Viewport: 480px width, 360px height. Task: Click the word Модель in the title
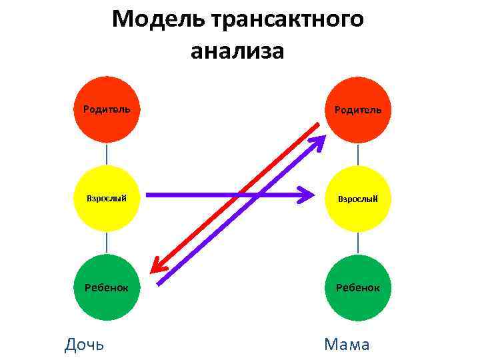click(158, 20)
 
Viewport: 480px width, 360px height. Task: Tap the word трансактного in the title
click(287, 20)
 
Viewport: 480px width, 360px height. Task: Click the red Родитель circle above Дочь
click(107, 109)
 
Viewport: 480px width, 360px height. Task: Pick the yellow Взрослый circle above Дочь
click(107, 198)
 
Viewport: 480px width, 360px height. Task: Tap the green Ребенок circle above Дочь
click(107, 287)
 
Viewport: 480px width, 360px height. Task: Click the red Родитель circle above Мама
click(359, 109)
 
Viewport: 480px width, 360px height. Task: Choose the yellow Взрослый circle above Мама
click(359, 198)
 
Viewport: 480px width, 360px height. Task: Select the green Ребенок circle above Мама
click(359, 287)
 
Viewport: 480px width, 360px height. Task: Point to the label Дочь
click(84, 345)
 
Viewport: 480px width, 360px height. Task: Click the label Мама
click(346, 345)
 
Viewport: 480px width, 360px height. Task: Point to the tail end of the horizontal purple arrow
click(148, 195)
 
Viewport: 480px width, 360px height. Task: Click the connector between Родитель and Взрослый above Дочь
click(107, 153)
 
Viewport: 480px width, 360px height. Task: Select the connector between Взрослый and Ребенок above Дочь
click(107, 243)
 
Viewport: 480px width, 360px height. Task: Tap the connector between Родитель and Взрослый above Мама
click(359, 153)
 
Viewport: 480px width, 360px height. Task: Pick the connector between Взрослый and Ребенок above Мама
click(359, 243)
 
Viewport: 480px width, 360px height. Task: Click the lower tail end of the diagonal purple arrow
click(160, 283)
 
